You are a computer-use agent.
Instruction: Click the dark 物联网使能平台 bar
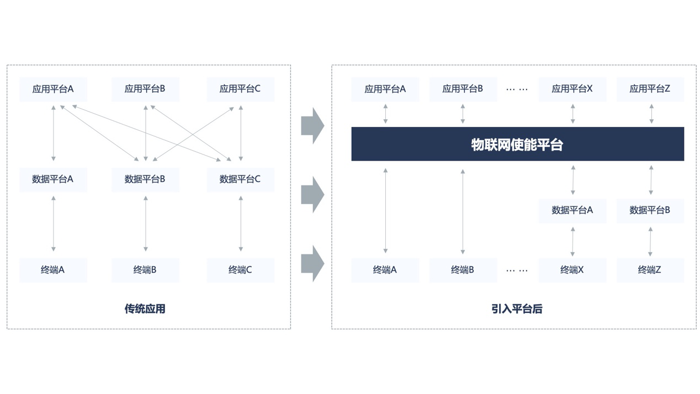(517, 144)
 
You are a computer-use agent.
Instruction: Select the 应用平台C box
(240, 89)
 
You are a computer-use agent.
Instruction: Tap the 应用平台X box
(572, 89)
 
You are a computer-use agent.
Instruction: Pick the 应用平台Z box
(650, 89)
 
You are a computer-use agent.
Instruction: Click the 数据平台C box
(240, 179)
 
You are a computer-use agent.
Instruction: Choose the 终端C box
(240, 270)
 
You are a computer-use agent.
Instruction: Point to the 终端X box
(572, 270)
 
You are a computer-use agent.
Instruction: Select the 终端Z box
(650, 270)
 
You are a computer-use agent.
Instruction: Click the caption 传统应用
(145, 308)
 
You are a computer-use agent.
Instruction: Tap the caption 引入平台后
(517, 308)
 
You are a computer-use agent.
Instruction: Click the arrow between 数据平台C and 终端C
(241, 223)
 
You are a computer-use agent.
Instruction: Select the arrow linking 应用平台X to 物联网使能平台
(572, 114)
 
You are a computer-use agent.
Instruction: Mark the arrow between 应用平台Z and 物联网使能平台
(651, 114)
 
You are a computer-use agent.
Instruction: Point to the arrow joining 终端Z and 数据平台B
(650, 241)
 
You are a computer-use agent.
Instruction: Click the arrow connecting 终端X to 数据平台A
(572, 241)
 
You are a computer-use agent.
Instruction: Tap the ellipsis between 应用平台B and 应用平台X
(517, 89)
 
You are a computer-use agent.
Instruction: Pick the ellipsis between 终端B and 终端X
(517, 270)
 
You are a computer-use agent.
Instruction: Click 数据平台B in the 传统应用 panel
(145, 179)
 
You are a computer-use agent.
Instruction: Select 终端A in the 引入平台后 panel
(385, 270)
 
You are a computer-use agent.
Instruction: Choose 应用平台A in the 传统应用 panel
(53, 89)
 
